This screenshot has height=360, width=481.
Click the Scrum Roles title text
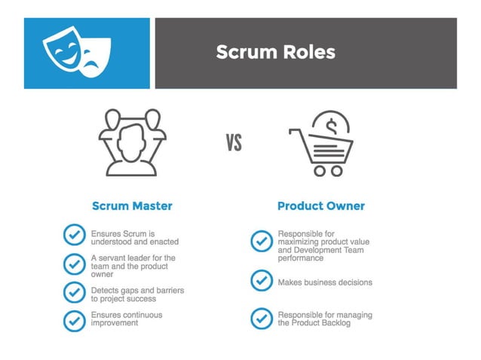[275, 52]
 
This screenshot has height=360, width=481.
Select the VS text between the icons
[234, 142]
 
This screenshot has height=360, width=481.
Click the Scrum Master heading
[132, 206]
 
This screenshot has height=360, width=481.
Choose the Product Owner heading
[320, 206]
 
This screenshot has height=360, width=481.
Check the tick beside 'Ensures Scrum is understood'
[74, 235]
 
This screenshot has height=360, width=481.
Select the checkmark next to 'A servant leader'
[74, 264]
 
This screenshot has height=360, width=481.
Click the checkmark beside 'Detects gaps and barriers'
[74, 292]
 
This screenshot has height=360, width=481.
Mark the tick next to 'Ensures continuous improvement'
[74, 319]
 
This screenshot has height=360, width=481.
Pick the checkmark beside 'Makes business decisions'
[261, 280]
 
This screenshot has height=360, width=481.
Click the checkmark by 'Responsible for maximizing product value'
[261, 241]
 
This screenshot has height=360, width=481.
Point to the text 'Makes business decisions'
[325, 282]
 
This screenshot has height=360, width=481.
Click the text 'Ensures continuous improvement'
[127, 319]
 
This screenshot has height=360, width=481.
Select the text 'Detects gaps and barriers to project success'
[137, 294]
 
